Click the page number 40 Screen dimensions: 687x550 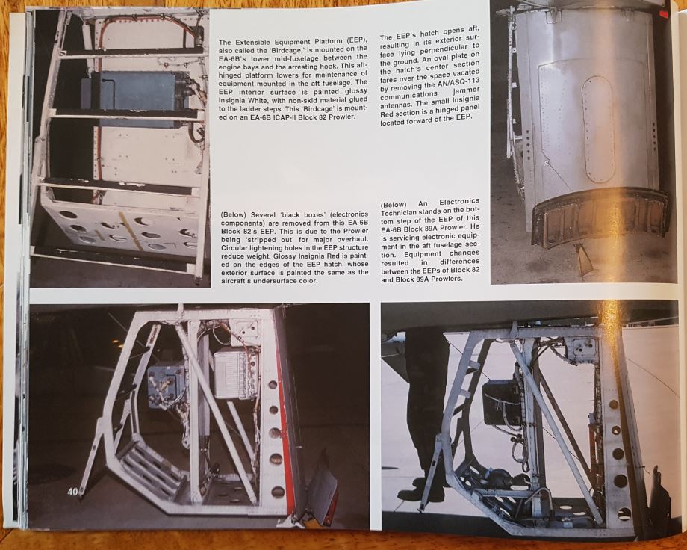coord(72,492)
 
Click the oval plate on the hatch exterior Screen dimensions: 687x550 coord(597,130)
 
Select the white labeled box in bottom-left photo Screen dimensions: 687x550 coord(234,374)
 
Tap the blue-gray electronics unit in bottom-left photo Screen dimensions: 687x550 coord(167,385)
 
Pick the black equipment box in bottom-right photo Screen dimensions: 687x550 coord(500,401)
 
